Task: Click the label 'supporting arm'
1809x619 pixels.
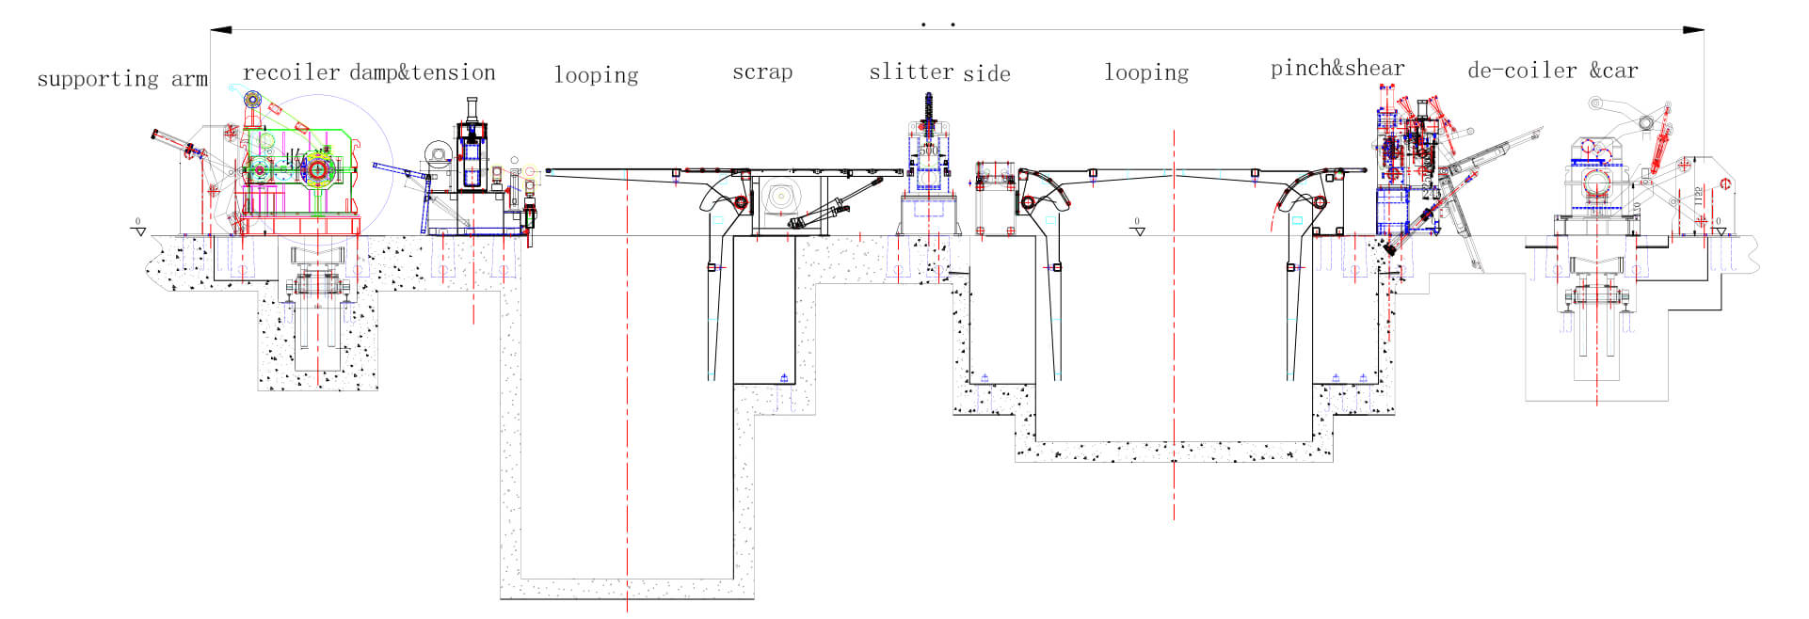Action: [x=122, y=79]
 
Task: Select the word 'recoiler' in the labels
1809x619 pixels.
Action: [x=291, y=72]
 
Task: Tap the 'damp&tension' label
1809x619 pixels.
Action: [x=423, y=72]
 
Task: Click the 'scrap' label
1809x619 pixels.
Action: [x=762, y=72]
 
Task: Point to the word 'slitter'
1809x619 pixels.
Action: [x=911, y=72]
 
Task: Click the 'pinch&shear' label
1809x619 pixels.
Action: [x=1337, y=68]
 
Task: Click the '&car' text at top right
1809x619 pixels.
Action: [x=1614, y=71]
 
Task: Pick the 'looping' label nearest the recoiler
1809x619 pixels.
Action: [x=596, y=74]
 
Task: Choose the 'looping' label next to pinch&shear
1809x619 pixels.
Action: [x=1145, y=72]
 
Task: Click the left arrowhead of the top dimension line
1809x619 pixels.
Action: [x=220, y=30]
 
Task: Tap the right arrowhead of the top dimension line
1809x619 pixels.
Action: [x=1693, y=30]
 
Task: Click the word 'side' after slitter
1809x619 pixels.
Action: [x=986, y=73]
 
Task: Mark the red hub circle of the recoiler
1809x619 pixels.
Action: [x=318, y=170]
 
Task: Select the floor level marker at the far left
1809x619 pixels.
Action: [x=138, y=228]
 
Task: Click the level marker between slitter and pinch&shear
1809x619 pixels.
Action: [x=1137, y=228]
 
